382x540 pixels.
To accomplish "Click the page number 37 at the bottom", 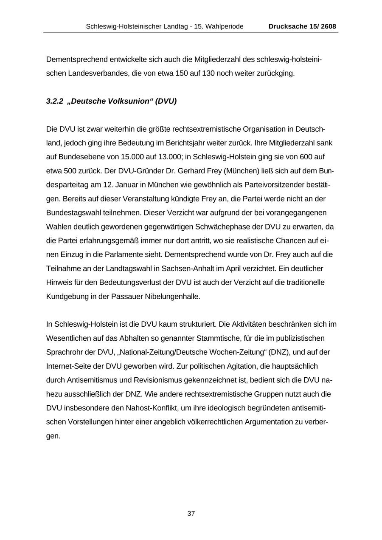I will tap(191, 514).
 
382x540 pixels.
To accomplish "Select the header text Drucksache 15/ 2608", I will tap(302, 26).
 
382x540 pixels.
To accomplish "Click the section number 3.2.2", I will tap(55, 101).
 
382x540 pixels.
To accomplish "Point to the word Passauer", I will tap(126, 297).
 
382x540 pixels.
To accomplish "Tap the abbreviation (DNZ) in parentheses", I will tap(279, 352).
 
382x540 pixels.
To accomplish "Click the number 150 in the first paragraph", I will tap(182, 73).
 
